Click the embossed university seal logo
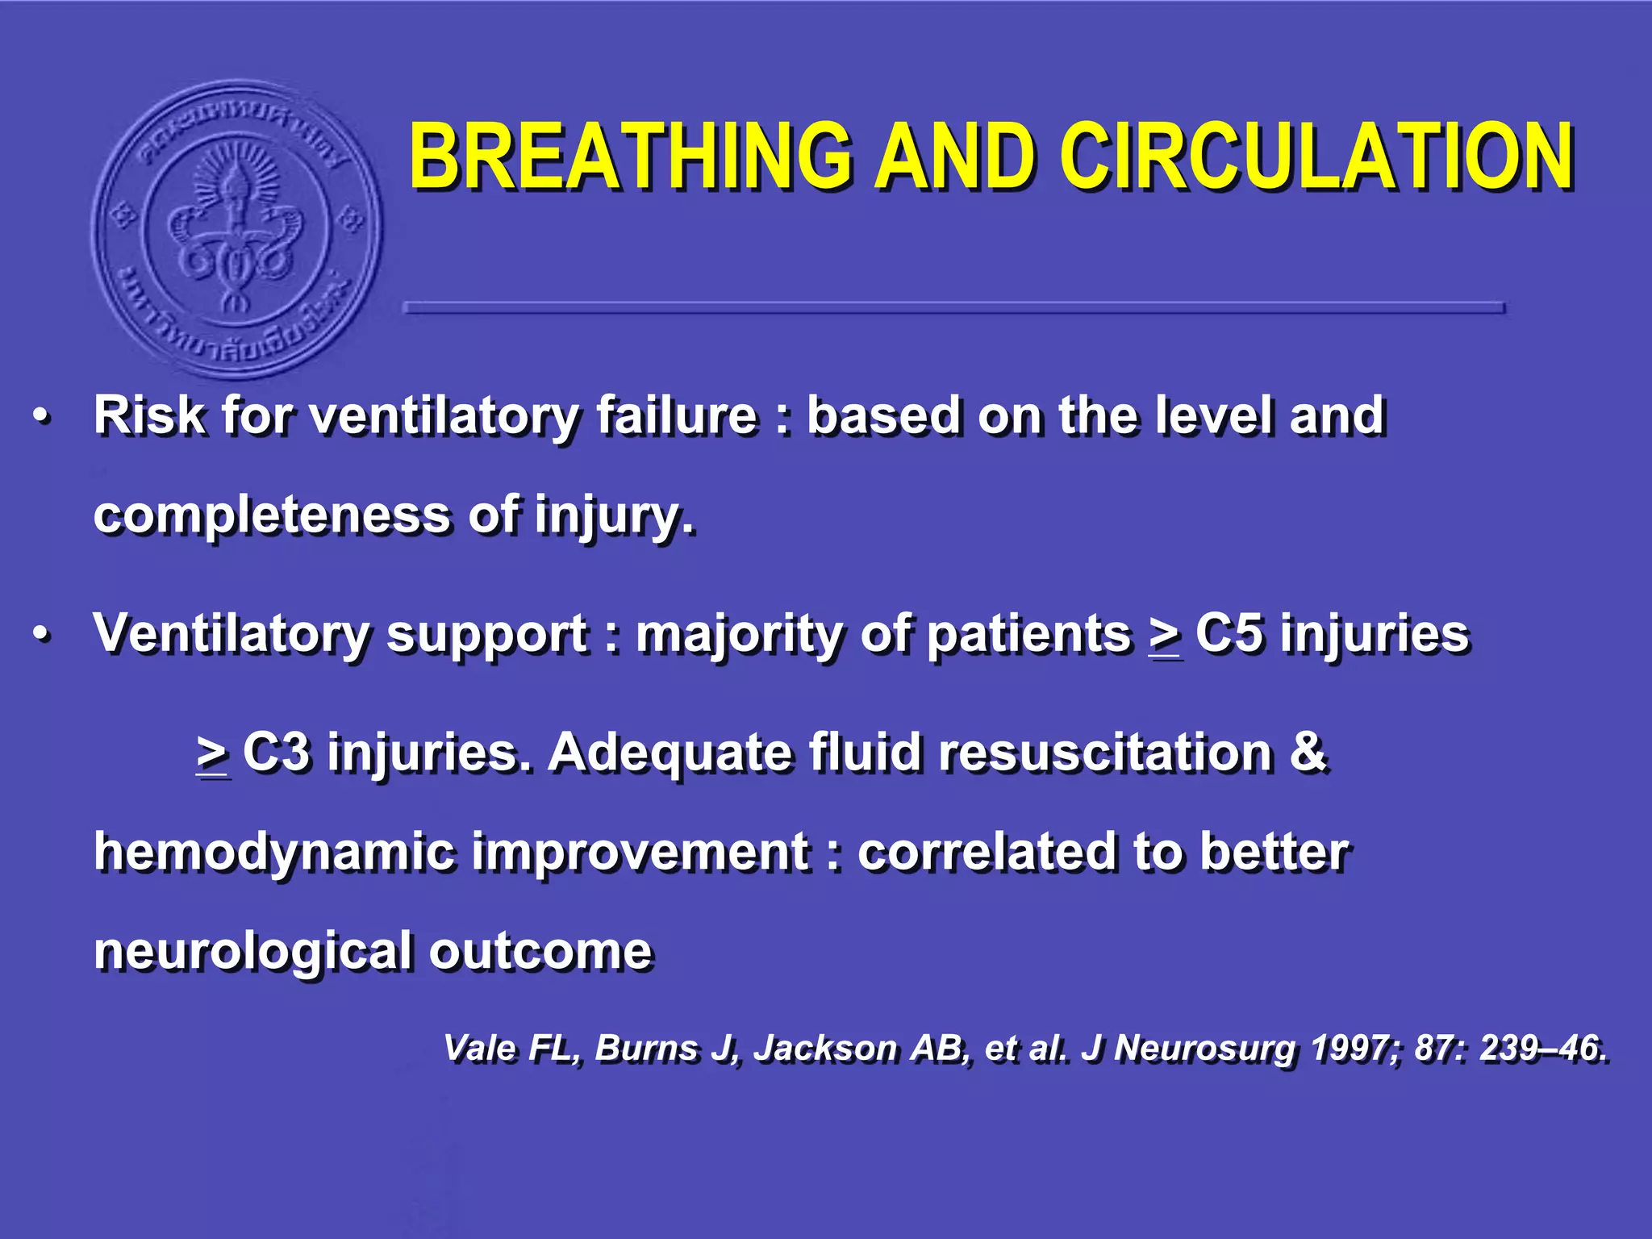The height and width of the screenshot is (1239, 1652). [236, 228]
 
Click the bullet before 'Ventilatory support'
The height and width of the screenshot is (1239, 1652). [42, 635]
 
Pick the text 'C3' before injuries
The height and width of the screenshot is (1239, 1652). [276, 752]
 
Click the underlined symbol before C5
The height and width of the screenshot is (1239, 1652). [1165, 637]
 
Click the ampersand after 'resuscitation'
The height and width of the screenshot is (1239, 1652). [1307, 752]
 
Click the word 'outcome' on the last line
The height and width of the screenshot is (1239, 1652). [540, 952]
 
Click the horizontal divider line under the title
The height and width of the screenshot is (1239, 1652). [953, 307]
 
